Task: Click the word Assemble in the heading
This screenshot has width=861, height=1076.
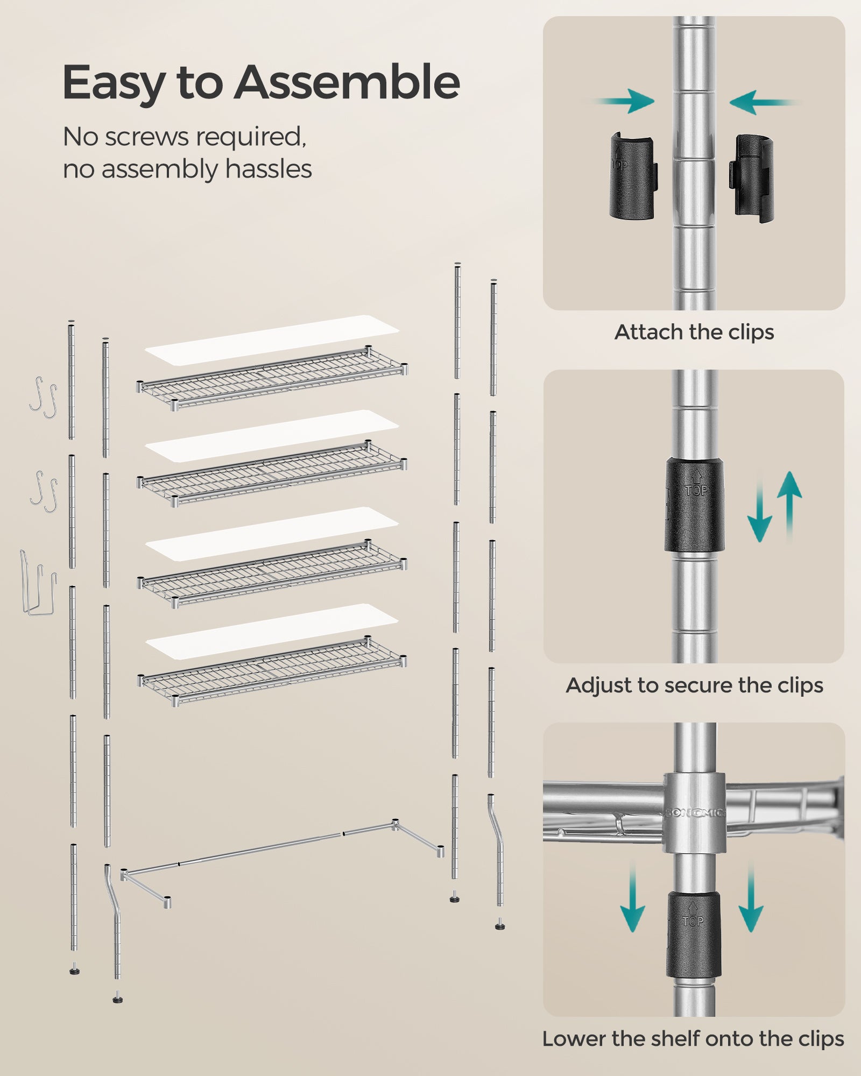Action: pyautogui.click(x=347, y=82)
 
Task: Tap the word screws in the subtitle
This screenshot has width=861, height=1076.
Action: pyautogui.click(x=148, y=137)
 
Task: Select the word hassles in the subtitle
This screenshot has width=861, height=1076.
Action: pyautogui.click(x=269, y=169)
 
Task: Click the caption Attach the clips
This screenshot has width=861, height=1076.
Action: pyautogui.click(x=694, y=332)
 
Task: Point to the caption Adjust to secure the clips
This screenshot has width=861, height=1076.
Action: pyautogui.click(x=694, y=685)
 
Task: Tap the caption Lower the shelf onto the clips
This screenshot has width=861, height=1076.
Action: pyautogui.click(x=693, y=1039)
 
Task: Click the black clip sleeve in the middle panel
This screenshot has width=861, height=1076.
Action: pyautogui.click(x=694, y=505)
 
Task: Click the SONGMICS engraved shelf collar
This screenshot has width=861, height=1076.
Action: pyautogui.click(x=694, y=813)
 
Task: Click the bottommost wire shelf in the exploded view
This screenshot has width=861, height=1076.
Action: pyautogui.click(x=272, y=670)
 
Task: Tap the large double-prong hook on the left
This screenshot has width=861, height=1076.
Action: pyautogui.click(x=38, y=584)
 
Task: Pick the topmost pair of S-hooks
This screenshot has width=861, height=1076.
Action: pyautogui.click(x=43, y=397)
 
